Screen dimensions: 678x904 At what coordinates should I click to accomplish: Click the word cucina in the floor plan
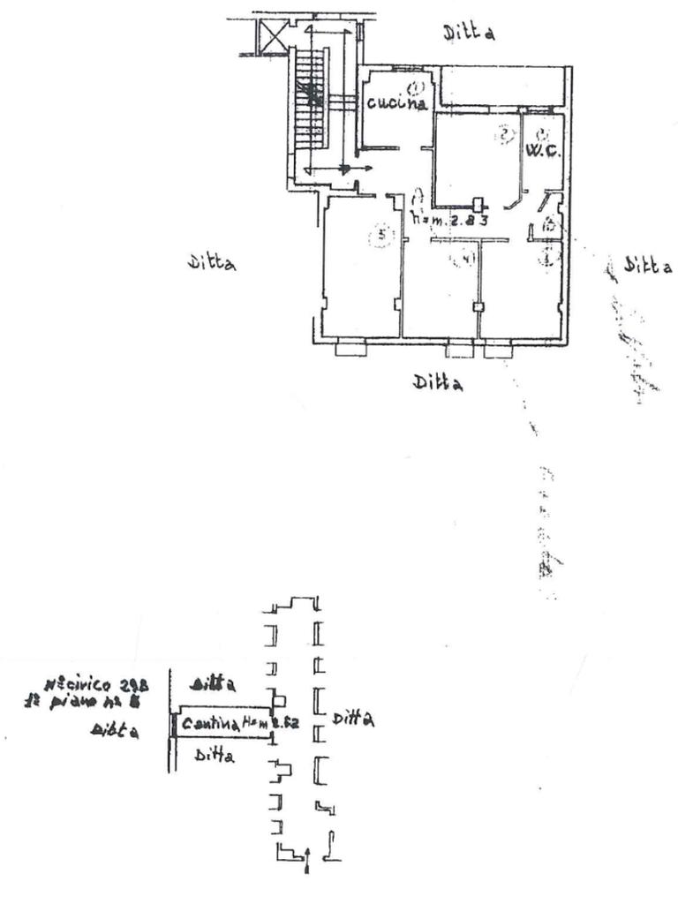397,103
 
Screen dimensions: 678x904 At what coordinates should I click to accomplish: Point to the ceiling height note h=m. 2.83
449,220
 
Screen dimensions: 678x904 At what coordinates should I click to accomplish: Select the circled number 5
381,236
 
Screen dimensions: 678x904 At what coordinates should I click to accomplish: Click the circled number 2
504,135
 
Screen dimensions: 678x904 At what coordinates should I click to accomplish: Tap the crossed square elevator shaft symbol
269,38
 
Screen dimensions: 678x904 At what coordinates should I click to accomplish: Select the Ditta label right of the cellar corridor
353,720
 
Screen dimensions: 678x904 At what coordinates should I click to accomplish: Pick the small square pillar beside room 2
479,202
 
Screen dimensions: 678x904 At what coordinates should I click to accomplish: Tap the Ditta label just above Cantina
213,684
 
